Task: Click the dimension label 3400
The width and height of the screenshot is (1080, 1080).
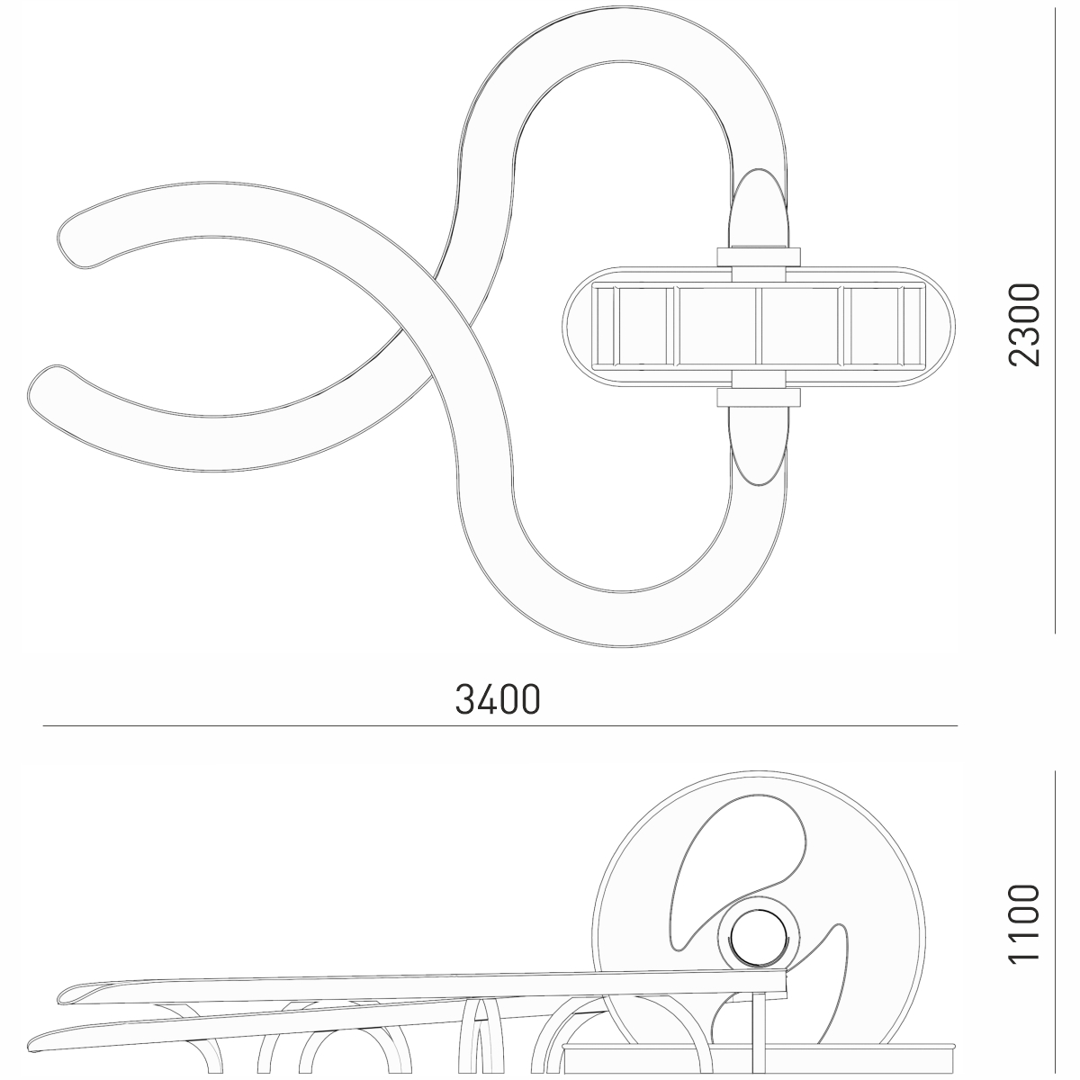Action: coord(498,699)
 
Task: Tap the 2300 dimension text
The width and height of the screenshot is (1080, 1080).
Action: coord(1023,325)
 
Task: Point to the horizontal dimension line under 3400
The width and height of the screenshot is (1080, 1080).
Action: coord(499,725)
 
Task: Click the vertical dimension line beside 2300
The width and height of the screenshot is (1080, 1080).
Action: coord(1055,320)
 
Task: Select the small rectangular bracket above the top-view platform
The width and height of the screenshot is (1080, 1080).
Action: coord(759,256)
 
